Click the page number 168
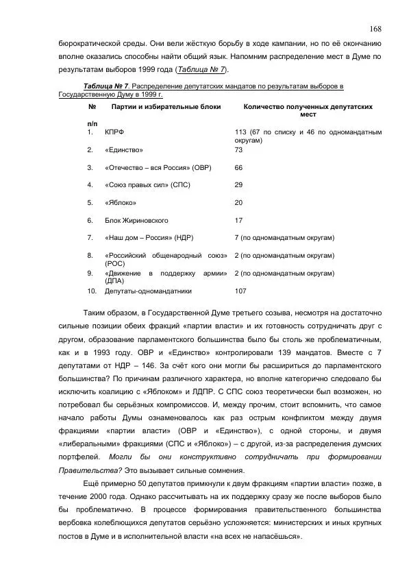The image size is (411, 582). coord(375,28)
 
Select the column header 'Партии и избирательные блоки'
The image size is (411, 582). coord(157,108)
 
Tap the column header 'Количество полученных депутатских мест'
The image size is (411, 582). coord(308,111)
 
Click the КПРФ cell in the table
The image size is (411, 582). coord(114,132)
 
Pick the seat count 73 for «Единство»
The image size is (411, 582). coord(238,149)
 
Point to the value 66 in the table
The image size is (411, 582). coord(238,167)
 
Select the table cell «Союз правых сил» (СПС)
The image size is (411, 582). coord(147,185)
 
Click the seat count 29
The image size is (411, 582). coord(238,185)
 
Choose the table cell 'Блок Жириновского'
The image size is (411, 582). coord(136,221)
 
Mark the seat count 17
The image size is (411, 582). coord(238,221)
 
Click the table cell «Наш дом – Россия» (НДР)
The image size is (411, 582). coord(149,238)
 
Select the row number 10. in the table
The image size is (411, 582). coord(92,291)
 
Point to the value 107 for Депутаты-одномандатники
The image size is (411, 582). coord(240,291)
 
